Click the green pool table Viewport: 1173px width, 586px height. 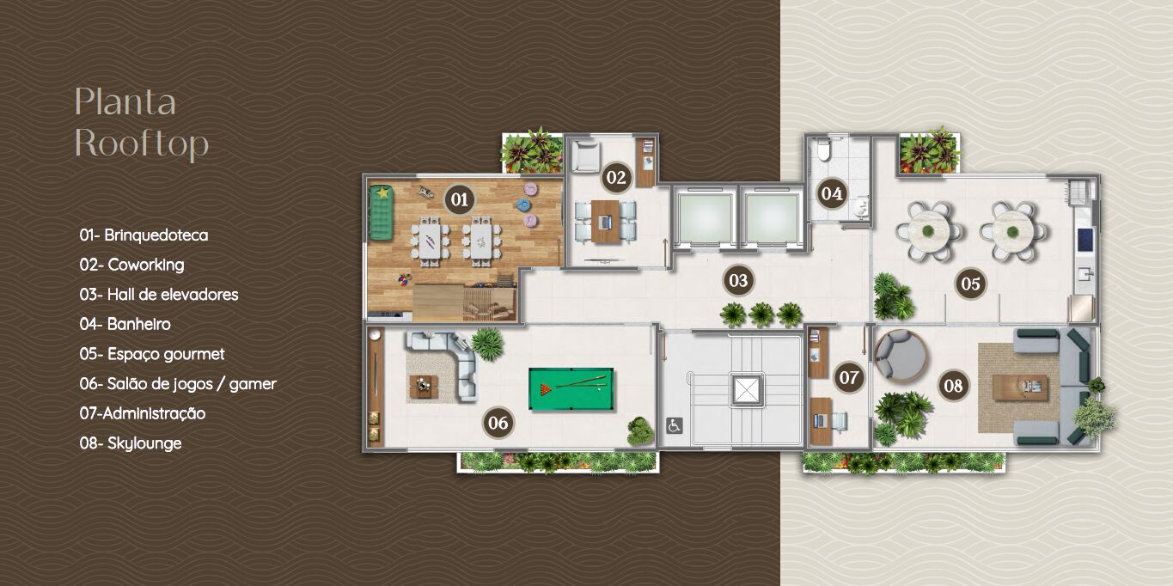tap(571, 389)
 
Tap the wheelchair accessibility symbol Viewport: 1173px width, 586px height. tap(675, 425)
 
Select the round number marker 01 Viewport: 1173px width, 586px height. tap(459, 200)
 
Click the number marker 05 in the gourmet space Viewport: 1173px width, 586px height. tap(970, 284)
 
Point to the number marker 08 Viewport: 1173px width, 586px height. tap(953, 386)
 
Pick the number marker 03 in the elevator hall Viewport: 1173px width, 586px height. tap(737, 280)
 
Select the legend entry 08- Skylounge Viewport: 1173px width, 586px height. tap(131, 443)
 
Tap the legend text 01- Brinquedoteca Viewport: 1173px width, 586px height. tap(144, 235)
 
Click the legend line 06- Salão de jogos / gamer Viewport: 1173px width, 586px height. tap(178, 384)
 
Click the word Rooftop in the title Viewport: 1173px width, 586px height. tap(141, 143)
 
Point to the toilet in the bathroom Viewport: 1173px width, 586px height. tap(822, 151)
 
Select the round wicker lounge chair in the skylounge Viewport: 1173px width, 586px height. tap(899, 354)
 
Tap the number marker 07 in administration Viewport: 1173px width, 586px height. tap(849, 377)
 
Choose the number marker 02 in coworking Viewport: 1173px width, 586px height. tap(615, 178)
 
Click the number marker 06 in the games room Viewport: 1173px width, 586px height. tap(498, 422)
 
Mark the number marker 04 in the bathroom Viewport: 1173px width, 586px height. tap(831, 193)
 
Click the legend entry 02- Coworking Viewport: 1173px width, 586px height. tap(131, 265)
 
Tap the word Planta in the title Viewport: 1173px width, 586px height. tap(125, 102)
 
